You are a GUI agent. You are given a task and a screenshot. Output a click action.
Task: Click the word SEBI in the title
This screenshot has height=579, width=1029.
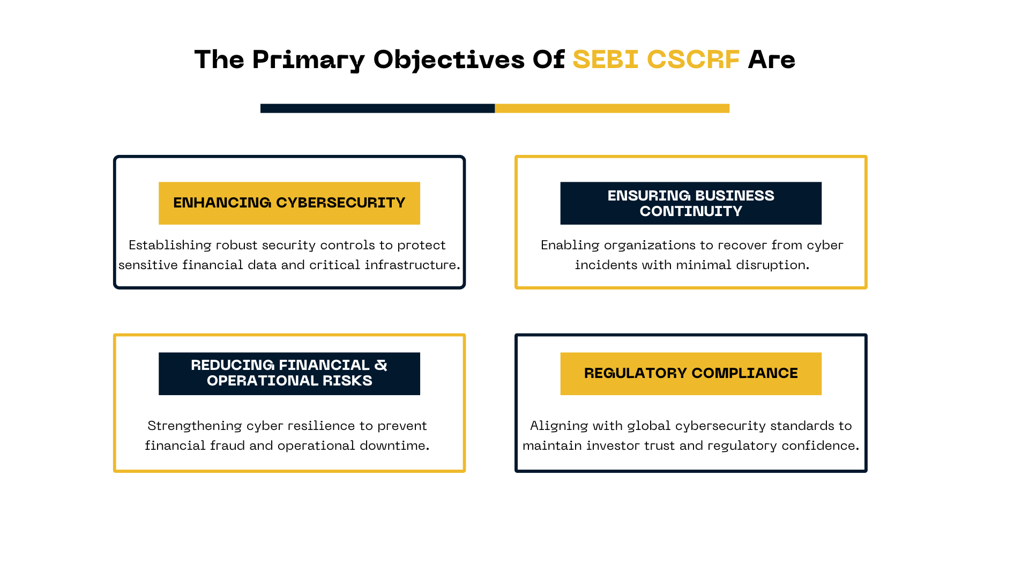tap(606, 60)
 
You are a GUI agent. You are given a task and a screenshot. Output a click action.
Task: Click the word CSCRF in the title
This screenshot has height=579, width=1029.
tap(694, 60)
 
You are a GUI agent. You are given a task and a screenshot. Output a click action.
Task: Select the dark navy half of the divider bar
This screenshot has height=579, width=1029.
tap(377, 108)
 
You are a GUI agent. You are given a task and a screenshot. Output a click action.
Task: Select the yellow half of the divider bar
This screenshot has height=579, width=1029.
tap(612, 108)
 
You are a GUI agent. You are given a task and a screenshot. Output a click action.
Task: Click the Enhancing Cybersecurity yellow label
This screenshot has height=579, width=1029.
tap(289, 203)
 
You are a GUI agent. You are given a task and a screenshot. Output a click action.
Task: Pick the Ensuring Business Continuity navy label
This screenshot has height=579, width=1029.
tap(691, 203)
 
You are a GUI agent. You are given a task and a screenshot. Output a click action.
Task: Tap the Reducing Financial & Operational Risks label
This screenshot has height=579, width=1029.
tap(289, 374)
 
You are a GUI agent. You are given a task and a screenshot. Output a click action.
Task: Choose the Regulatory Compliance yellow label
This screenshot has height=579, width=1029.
tap(691, 374)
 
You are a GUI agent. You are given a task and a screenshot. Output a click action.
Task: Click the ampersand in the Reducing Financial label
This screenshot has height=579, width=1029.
tap(381, 365)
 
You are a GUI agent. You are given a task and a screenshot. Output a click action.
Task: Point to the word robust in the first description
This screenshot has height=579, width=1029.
tap(236, 245)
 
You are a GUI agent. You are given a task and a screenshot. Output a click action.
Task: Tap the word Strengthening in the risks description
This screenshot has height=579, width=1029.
tap(195, 426)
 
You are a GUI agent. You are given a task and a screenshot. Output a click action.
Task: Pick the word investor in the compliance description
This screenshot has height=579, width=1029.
tap(609, 446)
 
